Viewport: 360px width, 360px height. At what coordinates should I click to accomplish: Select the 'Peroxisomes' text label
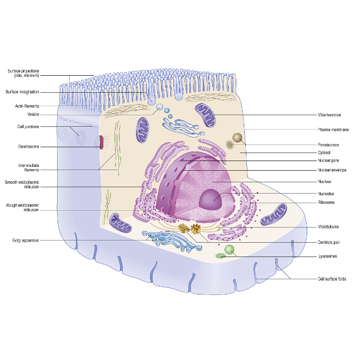329,145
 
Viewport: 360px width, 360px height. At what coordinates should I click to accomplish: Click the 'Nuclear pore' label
329,160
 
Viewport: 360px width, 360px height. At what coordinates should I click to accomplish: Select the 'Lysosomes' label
327,256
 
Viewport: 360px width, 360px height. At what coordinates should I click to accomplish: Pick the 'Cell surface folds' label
332,278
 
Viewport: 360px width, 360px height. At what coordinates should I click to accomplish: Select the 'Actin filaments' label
27,106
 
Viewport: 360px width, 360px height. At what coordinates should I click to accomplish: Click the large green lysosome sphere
229,249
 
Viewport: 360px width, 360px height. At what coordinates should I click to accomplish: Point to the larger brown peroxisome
238,138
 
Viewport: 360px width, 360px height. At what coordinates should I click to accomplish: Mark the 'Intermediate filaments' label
28,167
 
